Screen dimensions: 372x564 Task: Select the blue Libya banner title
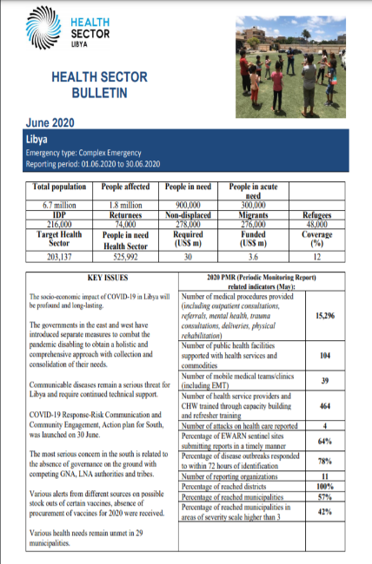click(x=40, y=138)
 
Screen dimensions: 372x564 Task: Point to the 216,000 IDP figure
click(x=53, y=222)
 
